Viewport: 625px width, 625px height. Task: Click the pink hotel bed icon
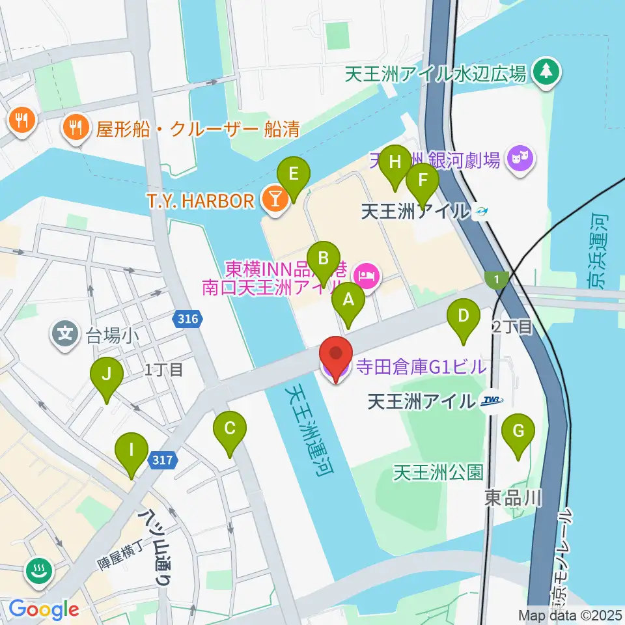(x=368, y=275)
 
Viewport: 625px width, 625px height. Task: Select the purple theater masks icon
(x=521, y=158)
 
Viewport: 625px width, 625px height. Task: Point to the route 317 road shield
(x=164, y=460)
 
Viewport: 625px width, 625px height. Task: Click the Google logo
(x=44, y=610)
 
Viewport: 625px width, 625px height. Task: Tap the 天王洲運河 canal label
(x=309, y=430)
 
